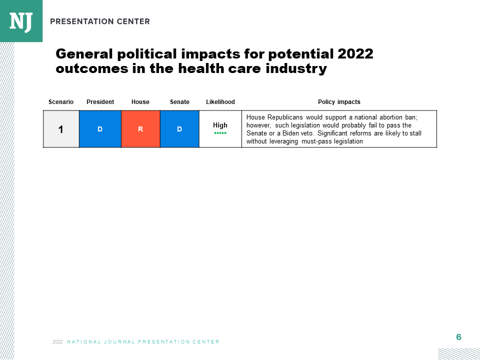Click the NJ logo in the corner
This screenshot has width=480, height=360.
click(x=21, y=21)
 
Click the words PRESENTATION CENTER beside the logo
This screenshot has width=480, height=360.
click(x=100, y=21)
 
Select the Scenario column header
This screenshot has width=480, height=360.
click(x=61, y=102)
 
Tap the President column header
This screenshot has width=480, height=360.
click(x=100, y=102)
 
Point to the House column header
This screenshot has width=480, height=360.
click(x=140, y=102)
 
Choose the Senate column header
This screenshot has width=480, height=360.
click(x=179, y=102)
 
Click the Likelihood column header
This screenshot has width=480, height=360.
click(x=220, y=102)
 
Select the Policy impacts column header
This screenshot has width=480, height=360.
click(x=339, y=102)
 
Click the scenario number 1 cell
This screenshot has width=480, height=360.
click(x=61, y=129)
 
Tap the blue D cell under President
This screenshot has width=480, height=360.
click(x=100, y=129)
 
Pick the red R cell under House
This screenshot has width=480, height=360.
click(x=140, y=129)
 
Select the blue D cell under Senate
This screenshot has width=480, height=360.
click(x=179, y=129)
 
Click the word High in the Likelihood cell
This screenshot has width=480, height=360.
click(x=220, y=125)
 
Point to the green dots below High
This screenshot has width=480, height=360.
click(x=220, y=133)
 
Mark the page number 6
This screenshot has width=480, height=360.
click(x=458, y=337)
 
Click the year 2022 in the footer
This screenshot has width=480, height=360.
click(x=57, y=342)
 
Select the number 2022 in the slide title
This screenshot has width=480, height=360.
click(x=355, y=54)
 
